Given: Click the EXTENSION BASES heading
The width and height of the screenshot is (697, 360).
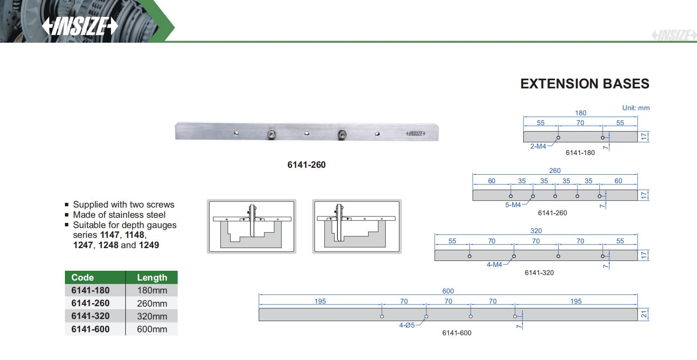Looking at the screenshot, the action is click(585, 84).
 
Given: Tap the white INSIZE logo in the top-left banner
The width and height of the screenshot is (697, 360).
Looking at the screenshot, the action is click(80, 26).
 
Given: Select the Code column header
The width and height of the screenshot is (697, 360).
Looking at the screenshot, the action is click(82, 277).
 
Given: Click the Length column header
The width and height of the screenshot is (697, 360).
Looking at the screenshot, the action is click(152, 277).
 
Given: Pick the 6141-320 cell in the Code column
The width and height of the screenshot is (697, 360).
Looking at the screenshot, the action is click(90, 316).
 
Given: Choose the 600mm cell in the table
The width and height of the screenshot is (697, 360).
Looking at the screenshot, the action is click(152, 329).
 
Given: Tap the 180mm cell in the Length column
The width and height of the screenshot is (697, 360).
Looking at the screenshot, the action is click(152, 290).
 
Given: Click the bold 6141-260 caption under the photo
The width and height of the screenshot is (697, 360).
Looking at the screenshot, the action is click(307, 164).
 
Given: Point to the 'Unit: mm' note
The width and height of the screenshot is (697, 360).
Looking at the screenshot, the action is click(635, 108).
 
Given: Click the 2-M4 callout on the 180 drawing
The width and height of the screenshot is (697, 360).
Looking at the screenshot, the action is click(538, 146).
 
